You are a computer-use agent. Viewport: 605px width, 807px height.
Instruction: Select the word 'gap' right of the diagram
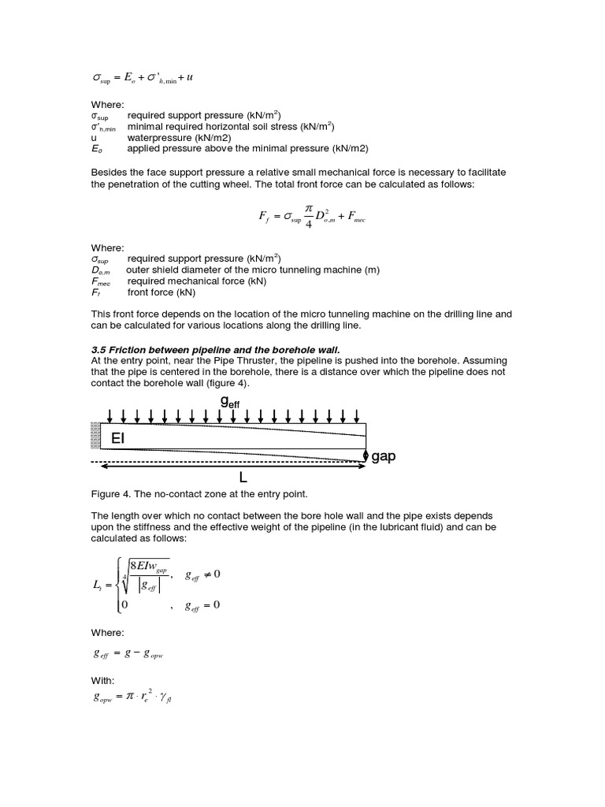tap(383, 456)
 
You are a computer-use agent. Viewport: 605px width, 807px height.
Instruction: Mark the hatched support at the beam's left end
tap(96, 436)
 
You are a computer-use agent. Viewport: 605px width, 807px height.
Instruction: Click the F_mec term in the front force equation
tap(356, 220)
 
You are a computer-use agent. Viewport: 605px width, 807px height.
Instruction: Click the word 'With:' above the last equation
tap(103, 680)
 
